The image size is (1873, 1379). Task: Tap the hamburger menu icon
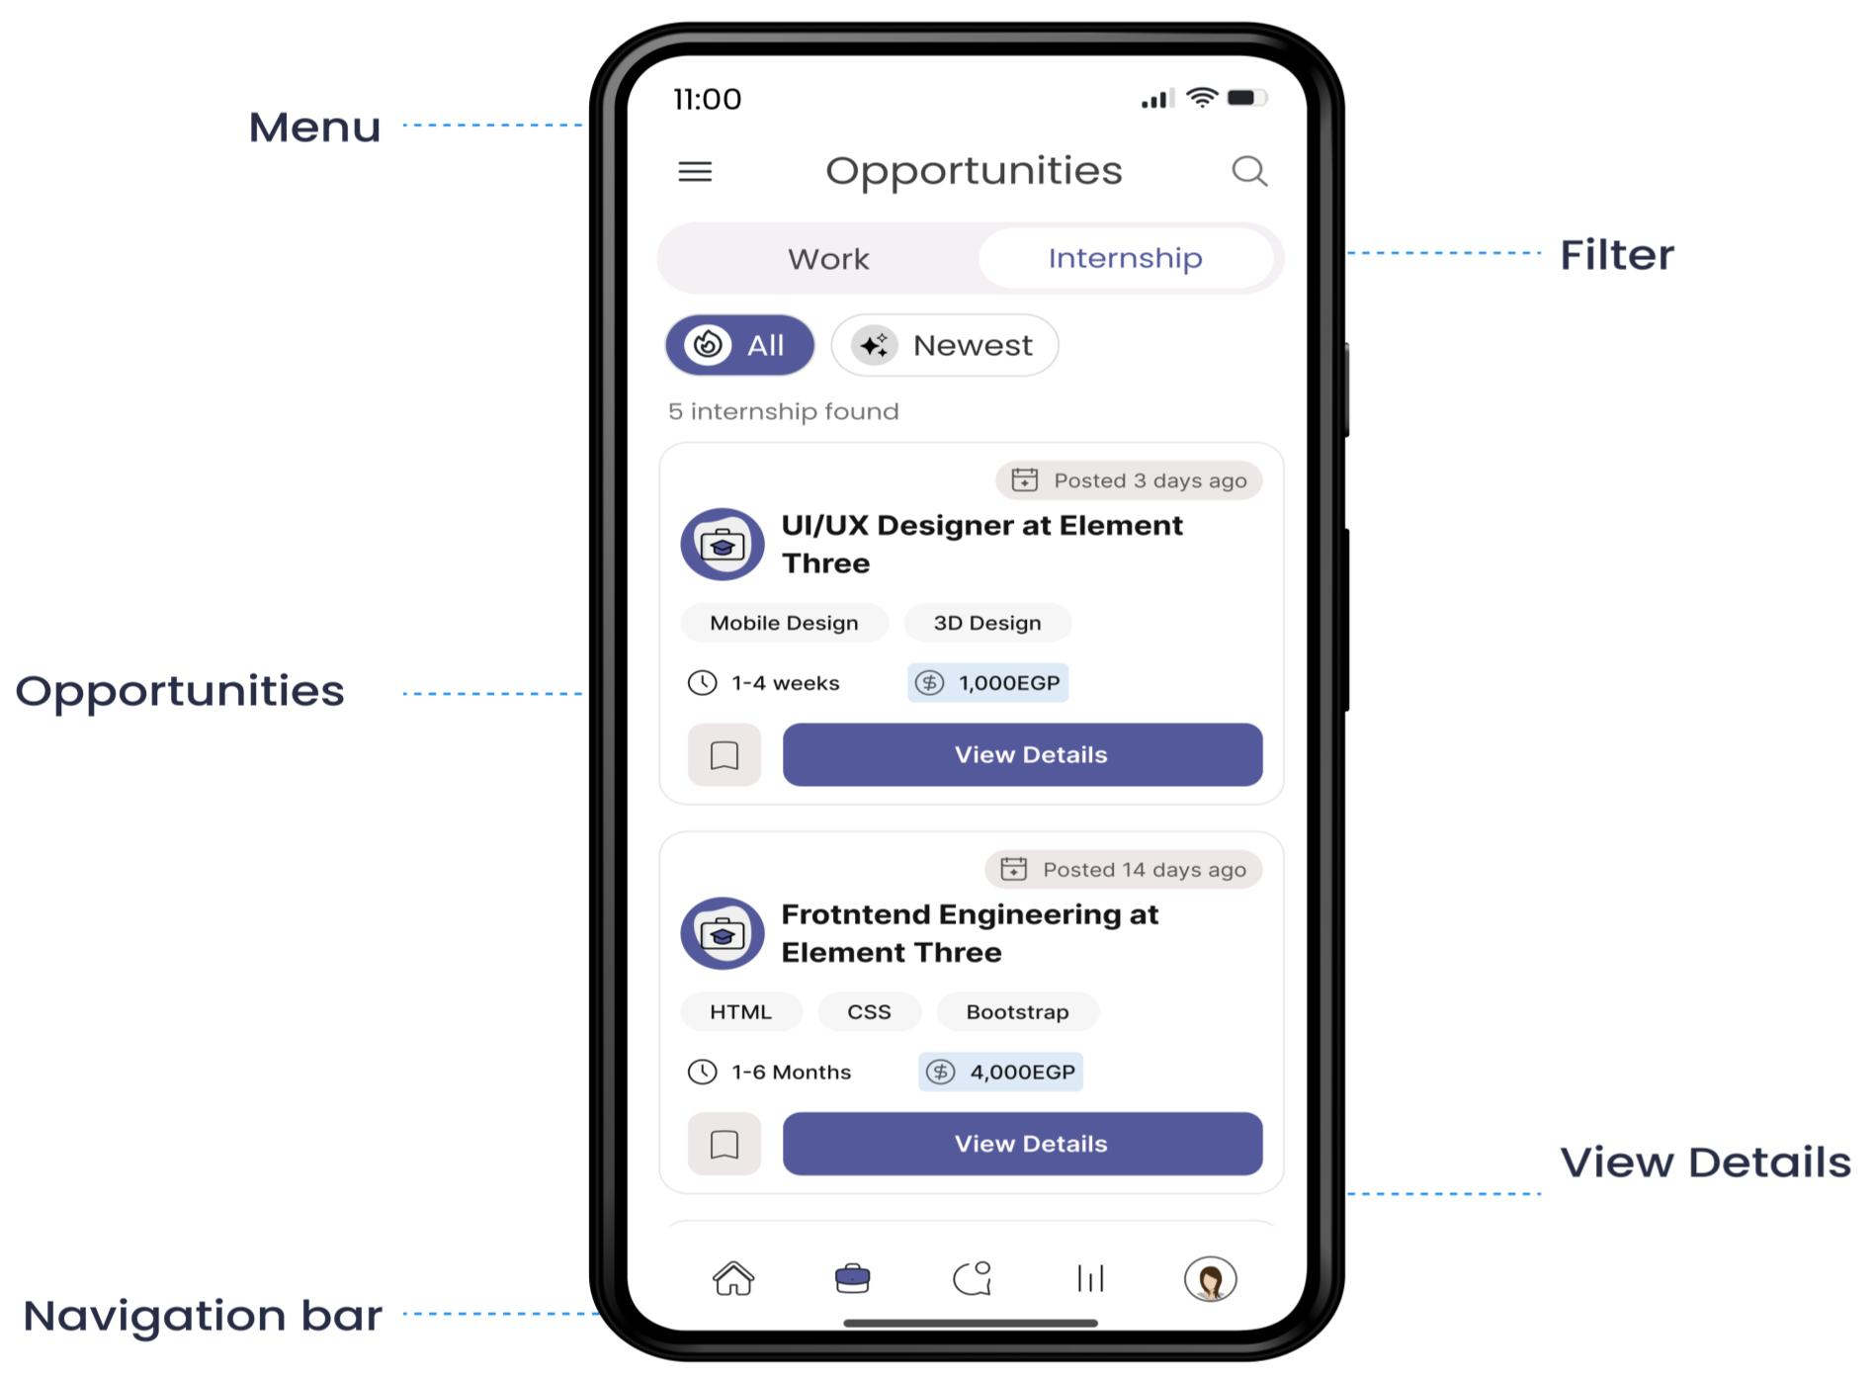[695, 172]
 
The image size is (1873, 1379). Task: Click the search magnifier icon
[1249, 171]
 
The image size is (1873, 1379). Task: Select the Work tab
[828, 259]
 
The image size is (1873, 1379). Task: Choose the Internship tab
[1126, 258]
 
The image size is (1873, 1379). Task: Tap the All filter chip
[739, 345]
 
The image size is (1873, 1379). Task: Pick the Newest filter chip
[945, 345]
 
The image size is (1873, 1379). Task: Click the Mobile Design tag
[784, 623]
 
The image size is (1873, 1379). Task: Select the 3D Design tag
[987, 623]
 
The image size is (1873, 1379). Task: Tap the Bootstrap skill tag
[1017, 1012]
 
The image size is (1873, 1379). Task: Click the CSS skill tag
[869, 1012]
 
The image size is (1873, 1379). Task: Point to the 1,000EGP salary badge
[987, 683]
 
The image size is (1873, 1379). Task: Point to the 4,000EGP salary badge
[1000, 1073]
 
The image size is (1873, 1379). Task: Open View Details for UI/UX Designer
[1022, 755]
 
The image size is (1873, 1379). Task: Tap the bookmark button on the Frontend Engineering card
[724, 1145]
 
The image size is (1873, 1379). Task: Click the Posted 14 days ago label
[1123, 870]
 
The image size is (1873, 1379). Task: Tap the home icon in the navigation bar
[733, 1278]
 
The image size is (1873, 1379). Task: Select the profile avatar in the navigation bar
[1211, 1279]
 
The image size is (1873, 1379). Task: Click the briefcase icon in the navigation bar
[852, 1278]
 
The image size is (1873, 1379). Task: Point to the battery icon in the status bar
[1246, 98]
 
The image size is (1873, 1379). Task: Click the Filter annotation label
[1617, 255]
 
